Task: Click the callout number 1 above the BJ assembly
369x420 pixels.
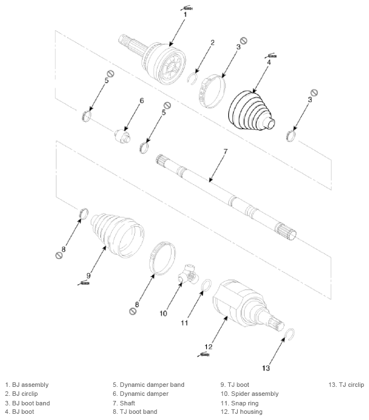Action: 185,14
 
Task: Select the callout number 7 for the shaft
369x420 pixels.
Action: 225,152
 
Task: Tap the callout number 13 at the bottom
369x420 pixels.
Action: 266,368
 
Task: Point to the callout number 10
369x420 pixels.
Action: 163,313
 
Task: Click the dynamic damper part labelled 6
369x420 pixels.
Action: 123,135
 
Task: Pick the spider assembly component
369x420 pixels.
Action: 188,274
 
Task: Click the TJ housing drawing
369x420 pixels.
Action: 247,305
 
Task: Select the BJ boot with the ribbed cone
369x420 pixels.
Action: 251,111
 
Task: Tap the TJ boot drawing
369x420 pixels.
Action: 117,236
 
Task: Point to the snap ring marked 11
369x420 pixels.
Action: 206,285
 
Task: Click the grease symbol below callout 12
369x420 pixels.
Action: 204,355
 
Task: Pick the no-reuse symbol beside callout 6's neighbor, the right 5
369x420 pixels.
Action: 167,105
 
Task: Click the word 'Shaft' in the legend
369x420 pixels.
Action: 127,403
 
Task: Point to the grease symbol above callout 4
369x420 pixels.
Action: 270,56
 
